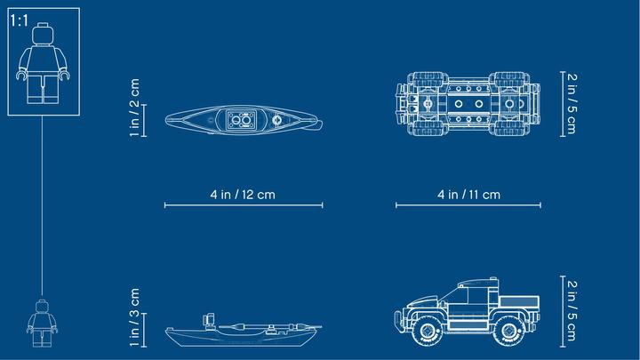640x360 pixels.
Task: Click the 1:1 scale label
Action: click(x=19, y=20)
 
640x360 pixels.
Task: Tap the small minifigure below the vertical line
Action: click(x=42, y=324)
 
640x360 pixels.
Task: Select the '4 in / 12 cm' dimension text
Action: click(x=243, y=195)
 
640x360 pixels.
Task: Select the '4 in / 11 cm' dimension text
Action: click(x=469, y=195)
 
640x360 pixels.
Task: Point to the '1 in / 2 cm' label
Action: click(x=134, y=108)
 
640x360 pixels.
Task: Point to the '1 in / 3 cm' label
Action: click(x=134, y=317)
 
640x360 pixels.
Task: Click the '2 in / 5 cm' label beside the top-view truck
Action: click(x=572, y=104)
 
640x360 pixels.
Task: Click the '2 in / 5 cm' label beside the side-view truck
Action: click(x=572, y=311)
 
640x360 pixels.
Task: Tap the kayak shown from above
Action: click(x=244, y=120)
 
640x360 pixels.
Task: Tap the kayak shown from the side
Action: click(x=243, y=331)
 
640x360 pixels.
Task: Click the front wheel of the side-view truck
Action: click(x=428, y=330)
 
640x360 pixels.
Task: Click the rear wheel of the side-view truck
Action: click(x=509, y=330)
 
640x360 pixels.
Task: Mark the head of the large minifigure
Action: click(x=43, y=34)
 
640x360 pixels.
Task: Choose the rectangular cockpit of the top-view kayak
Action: click(x=242, y=120)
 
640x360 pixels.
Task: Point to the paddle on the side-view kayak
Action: click(x=269, y=326)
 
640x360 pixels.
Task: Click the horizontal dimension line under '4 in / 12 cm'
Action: click(x=244, y=205)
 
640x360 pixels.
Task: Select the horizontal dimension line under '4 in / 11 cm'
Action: click(x=468, y=205)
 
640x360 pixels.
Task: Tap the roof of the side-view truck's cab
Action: click(x=478, y=282)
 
